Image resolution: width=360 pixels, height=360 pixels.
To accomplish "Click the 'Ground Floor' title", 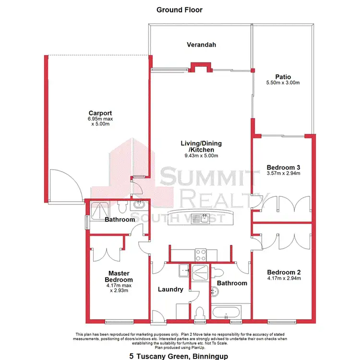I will [x=180, y=10].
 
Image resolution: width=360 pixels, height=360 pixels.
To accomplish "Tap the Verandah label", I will [x=201, y=45].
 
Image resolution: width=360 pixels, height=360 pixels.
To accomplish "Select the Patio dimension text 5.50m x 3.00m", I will [x=283, y=83].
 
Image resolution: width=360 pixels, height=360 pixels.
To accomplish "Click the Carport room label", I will [x=100, y=113].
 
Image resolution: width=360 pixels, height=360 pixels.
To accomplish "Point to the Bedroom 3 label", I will [x=283, y=167].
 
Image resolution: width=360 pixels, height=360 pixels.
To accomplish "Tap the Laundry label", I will [x=170, y=289].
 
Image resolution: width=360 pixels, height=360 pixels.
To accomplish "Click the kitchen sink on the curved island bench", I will [x=204, y=219].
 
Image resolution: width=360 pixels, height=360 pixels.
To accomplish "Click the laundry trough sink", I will [x=183, y=271].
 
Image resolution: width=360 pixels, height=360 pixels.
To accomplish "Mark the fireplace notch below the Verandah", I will [x=200, y=68].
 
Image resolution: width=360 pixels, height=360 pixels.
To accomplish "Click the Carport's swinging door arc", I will [x=65, y=185].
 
